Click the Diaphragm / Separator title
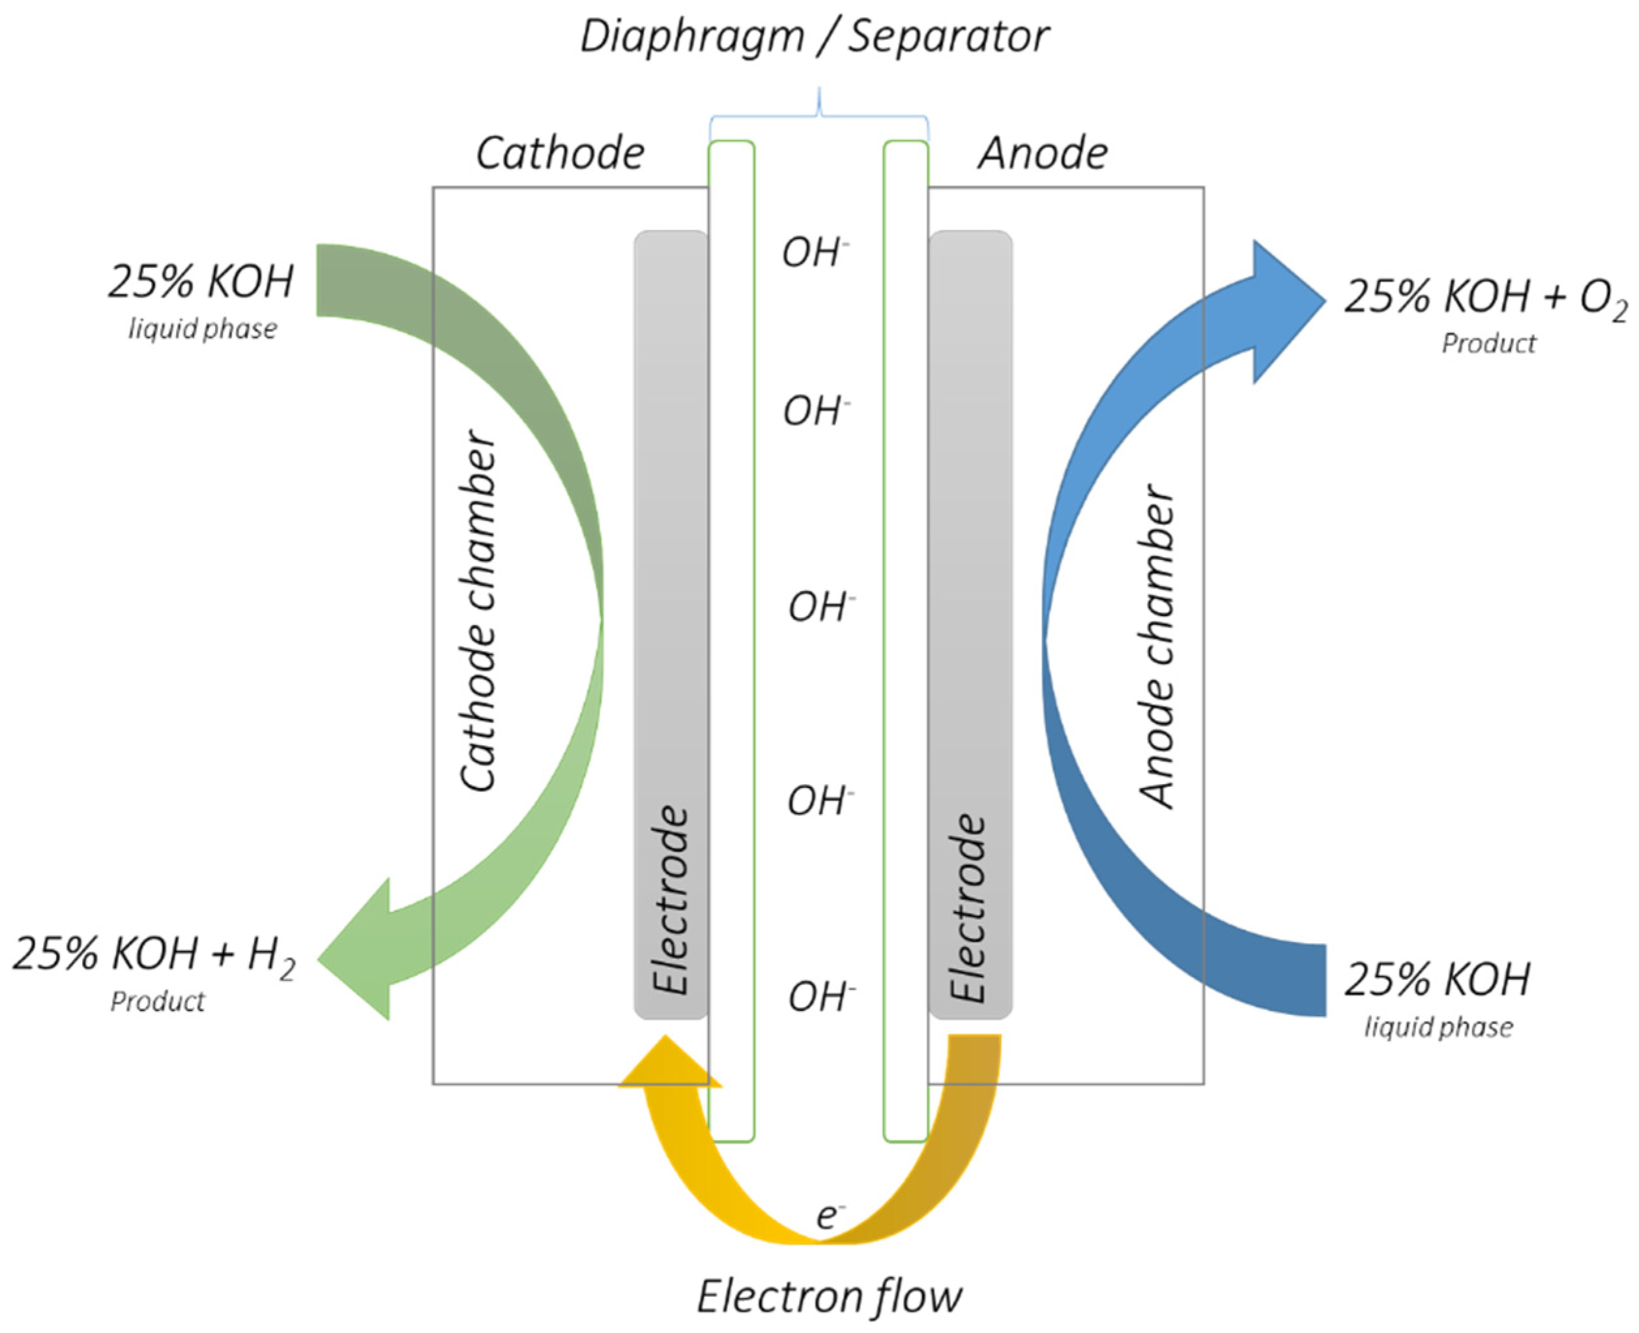tap(814, 37)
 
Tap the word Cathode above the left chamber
tap(560, 154)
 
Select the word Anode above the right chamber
tap(1042, 154)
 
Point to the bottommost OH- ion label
tap(820, 997)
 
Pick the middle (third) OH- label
tap(820, 608)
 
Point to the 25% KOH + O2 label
tap(1485, 297)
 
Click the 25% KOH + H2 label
tap(154, 955)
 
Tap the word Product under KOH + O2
tap(1488, 344)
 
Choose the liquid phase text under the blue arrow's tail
tap(1438, 1027)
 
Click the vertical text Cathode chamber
tap(478, 611)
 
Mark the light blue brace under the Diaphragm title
tap(819, 115)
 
